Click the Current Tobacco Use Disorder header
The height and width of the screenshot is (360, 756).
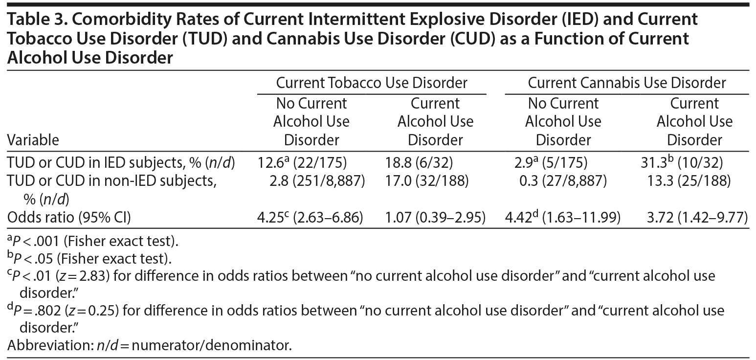click(372, 83)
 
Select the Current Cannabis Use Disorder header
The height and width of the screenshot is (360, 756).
click(626, 83)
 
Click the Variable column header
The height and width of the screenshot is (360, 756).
click(33, 140)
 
